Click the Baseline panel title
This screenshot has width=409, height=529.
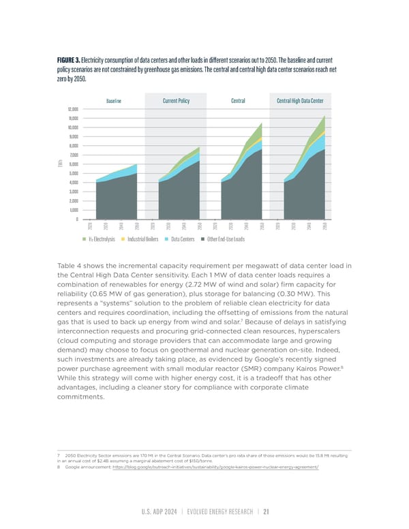pos(114,101)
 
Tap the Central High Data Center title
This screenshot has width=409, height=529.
pos(300,101)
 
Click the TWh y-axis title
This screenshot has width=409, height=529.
pos(61,164)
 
